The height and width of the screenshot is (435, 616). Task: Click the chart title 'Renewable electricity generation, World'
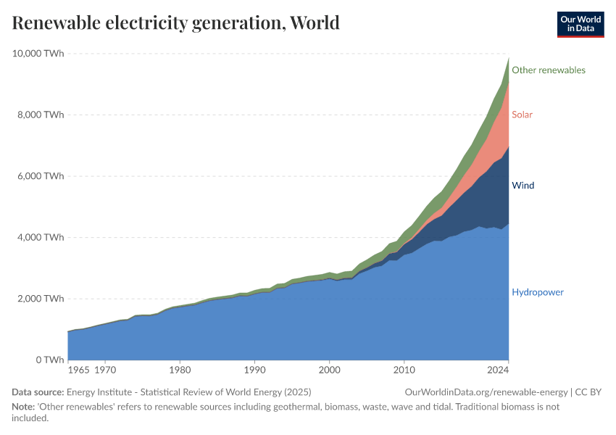tap(175, 22)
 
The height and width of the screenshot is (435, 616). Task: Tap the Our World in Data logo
tap(580, 24)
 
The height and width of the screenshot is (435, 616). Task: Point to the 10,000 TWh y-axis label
tap(37, 53)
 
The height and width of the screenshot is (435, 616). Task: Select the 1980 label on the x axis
tap(180, 370)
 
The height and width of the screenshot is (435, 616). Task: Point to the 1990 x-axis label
tap(254, 370)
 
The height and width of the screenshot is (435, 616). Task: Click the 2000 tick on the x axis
tap(329, 370)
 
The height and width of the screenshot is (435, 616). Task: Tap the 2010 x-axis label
tap(404, 370)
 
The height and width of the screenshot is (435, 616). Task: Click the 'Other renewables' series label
tap(548, 70)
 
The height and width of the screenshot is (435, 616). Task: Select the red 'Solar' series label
tap(522, 115)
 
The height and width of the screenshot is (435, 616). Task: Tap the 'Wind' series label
tap(523, 186)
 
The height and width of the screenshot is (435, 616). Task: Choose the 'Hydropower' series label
tap(537, 292)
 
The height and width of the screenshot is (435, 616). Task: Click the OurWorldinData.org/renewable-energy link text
tap(487, 392)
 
